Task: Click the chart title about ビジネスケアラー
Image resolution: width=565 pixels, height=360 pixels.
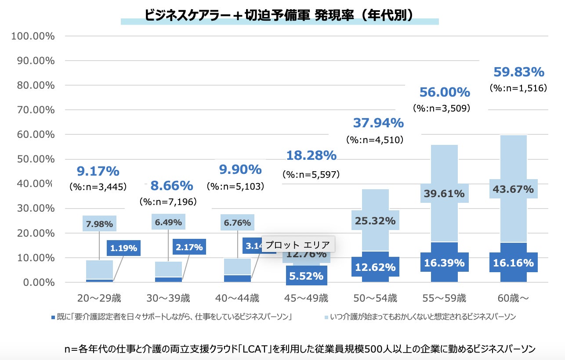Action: [279, 14]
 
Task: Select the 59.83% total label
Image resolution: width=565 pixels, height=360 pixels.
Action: [519, 72]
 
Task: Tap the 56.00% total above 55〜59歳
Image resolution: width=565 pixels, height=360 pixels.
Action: [445, 92]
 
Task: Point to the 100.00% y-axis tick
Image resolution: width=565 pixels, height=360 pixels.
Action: [33, 36]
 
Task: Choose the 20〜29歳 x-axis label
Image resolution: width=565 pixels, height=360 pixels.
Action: [99, 299]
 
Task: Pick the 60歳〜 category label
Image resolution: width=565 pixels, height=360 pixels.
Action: [513, 299]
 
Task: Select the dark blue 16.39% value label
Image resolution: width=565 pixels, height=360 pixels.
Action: [444, 263]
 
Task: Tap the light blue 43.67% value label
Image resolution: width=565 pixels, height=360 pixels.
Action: [513, 189]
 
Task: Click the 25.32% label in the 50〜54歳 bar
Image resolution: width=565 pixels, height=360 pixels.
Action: [375, 220]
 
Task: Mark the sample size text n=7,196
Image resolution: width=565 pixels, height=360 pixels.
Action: [168, 202]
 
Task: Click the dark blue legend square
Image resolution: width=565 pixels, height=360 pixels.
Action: [53, 317]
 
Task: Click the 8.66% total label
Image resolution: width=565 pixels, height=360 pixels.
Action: [172, 186]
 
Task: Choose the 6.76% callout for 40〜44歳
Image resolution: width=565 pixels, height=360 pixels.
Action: [237, 223]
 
